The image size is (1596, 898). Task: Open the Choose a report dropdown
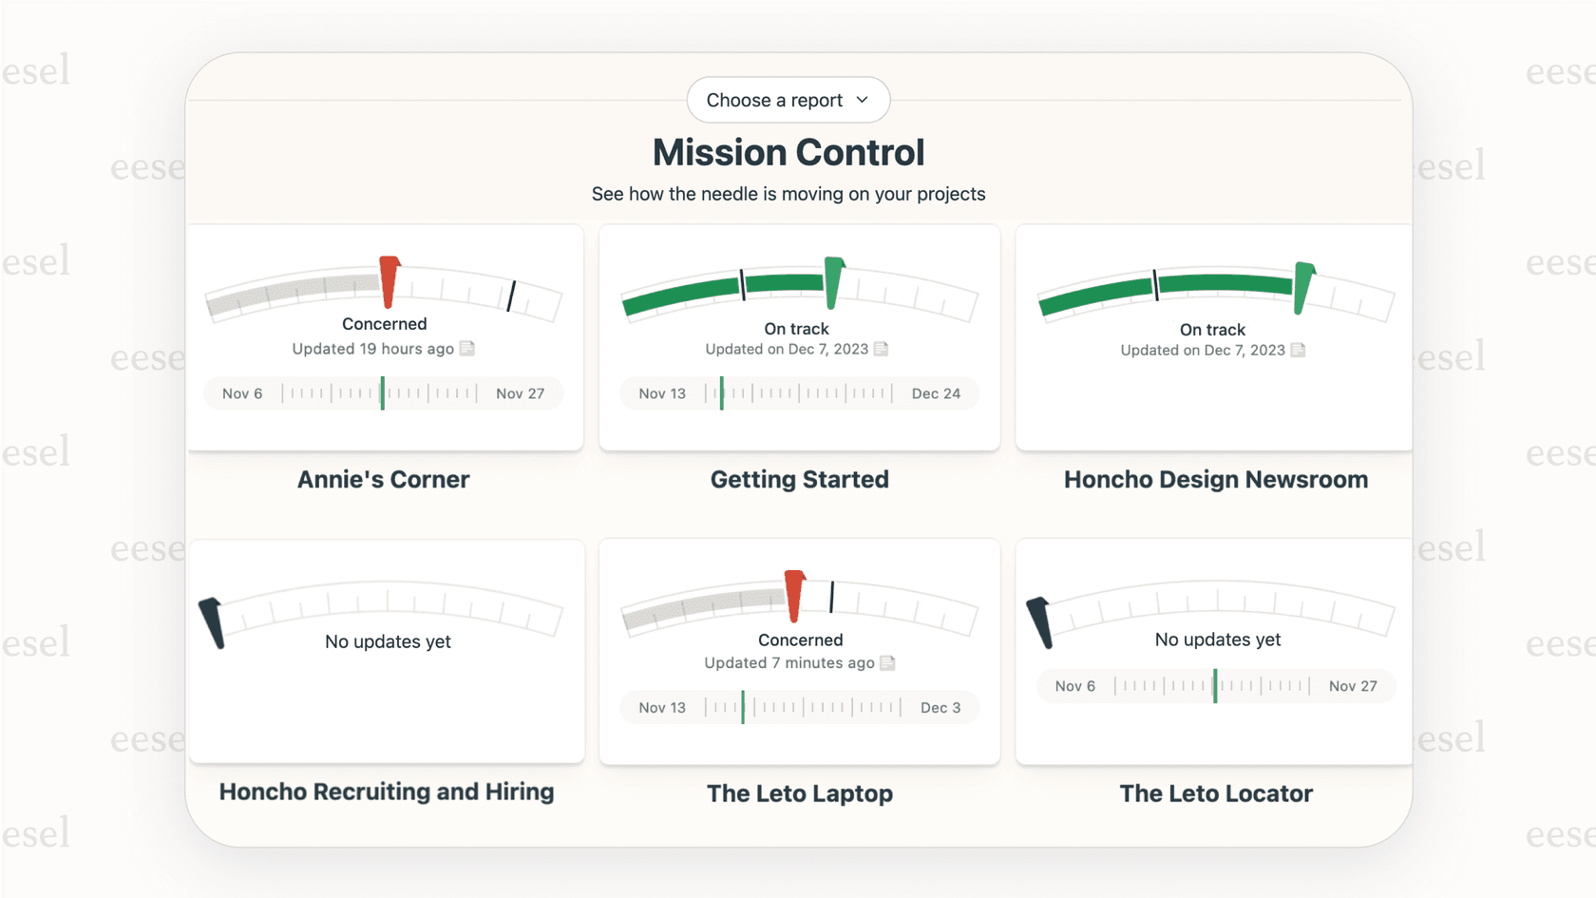click(x=788, y=100)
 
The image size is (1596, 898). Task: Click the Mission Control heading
click(x=788, y=152)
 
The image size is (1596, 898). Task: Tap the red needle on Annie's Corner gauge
click(x=389, y=281)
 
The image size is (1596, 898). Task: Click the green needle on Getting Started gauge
click(x=833, y=282)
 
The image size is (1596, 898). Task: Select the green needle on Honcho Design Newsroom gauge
click(x=1303, y=287)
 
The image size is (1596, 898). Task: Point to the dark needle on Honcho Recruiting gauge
click(x=212, y=622)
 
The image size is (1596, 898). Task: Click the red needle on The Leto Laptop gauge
click(x=794, y=595)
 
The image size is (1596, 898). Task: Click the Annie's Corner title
click(x=383, y=479)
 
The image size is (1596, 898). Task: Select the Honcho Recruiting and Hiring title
click(x=386, y=792)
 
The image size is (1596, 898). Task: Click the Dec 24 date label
click(x=936, y=393)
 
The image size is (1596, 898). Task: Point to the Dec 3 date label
click(x=940, y=707)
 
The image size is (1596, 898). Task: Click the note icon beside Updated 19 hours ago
click(x=467, y=349)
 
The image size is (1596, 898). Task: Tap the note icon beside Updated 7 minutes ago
click(x=887, y=662)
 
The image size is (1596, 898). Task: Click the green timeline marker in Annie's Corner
click(x=383, y=393)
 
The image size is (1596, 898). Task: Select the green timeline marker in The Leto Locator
click(x=1215, y=686)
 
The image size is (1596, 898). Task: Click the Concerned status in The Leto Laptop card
click(x=800, y=640)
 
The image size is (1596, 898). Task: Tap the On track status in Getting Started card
click(x=796, y=329)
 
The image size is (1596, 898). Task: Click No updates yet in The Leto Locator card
click(x=1217, y=640)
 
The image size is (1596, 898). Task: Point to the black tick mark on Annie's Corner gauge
click(x=511, y=296)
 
